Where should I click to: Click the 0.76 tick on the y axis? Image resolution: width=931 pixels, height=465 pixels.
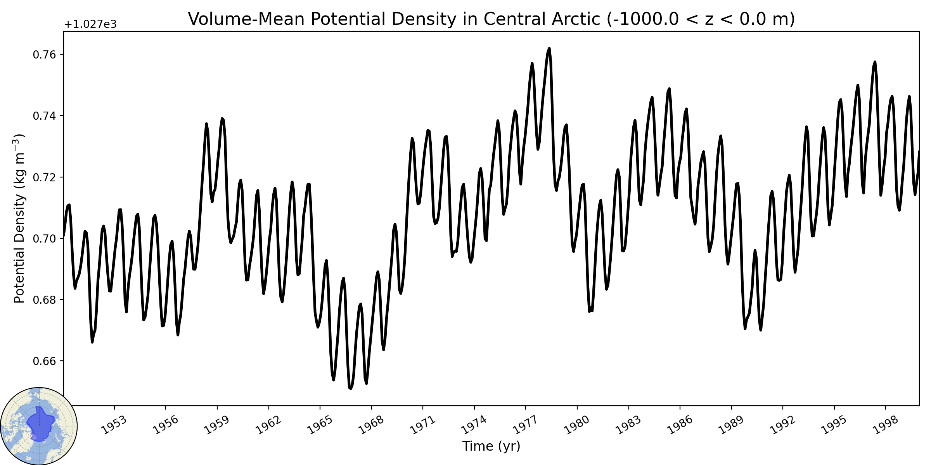(x=45, y=55)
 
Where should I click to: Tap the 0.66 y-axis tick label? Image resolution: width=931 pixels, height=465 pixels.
(x=45, y=361)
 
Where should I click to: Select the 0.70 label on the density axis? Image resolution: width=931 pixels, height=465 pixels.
(x=45, y=239)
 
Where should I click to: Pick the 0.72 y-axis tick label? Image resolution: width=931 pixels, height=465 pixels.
(x=45, y=177)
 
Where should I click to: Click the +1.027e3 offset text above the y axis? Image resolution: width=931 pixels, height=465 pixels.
(x=90, y=24)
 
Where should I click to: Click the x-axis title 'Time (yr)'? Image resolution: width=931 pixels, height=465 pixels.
(x=491, y=446)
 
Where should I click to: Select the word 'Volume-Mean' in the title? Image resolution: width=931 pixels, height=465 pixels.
(x=246, y=19)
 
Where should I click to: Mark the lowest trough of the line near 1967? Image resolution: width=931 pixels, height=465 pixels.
(x=351, y=388)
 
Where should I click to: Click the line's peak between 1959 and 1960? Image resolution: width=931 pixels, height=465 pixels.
(x=222, y=119)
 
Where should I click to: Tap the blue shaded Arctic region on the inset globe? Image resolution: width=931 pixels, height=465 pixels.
(x=40, y=424)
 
